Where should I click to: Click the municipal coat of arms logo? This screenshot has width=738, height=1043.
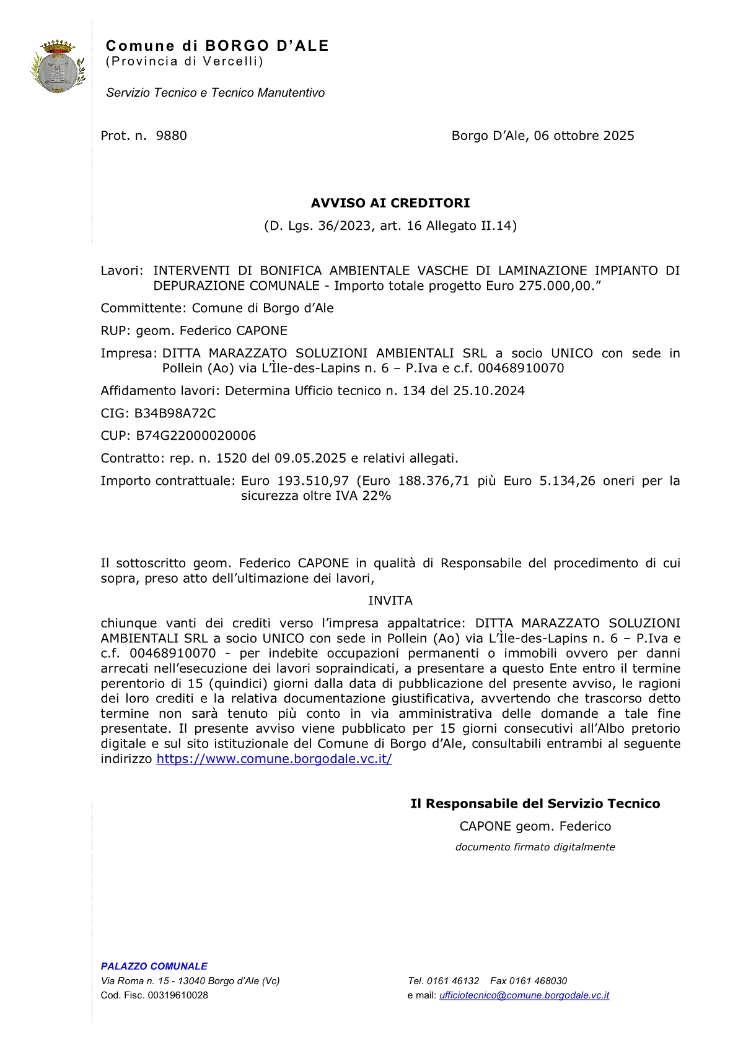click(58, 66)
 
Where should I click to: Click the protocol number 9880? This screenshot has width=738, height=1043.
click(171, 136)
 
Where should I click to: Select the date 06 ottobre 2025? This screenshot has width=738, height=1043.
click(584, 136)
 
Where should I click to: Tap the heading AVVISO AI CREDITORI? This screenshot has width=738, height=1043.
click(390, 203)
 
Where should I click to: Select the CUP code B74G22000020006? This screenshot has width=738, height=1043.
click(196, 435)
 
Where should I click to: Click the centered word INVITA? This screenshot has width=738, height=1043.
click(390, 600)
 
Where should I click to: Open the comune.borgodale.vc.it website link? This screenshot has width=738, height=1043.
click(274, 759)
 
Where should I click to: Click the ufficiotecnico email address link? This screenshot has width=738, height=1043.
click(524, 995)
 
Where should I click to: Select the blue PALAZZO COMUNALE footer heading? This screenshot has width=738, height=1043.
click(154, 966)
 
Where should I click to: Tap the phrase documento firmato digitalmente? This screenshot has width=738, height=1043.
click(535, 847)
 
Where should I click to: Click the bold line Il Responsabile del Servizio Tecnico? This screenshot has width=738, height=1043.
click(535, 803)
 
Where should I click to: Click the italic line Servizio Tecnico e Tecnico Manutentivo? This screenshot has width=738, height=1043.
click(215, 93)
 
